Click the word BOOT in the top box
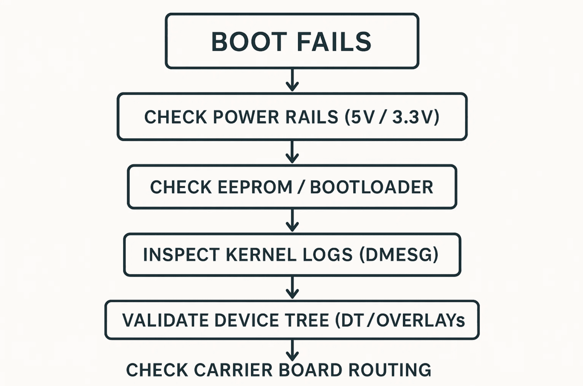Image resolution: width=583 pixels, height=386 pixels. (x=249, y=42)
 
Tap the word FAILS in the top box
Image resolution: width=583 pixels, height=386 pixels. (x=334, y=42)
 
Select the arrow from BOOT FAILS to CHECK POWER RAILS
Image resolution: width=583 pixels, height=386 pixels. (x=292, y=80)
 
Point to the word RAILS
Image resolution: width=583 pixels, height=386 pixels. (x=312, y=117)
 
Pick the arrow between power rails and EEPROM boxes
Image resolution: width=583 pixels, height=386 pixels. (x=292, y=152)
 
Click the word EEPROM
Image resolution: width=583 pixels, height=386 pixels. (x=255, y=187)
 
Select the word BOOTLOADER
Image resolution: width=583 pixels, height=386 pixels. (x=371, y=187)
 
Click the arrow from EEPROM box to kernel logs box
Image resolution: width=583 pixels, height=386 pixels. (x=292, y=220)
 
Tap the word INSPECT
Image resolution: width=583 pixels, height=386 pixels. (x=181, y=254)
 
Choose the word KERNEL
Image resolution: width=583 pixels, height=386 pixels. (x=261, y=254)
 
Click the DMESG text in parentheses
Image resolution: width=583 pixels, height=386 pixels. (x=399, y=254)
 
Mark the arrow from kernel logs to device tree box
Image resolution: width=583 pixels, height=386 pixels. (x=292, y=287)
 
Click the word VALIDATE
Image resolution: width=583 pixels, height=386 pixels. (x=165, y=320)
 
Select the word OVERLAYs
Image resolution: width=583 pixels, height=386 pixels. (x=420, y=320)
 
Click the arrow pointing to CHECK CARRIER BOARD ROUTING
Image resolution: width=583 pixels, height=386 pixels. (x=292, y=350)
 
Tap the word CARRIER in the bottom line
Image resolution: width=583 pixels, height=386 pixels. (x=233, y=370)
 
